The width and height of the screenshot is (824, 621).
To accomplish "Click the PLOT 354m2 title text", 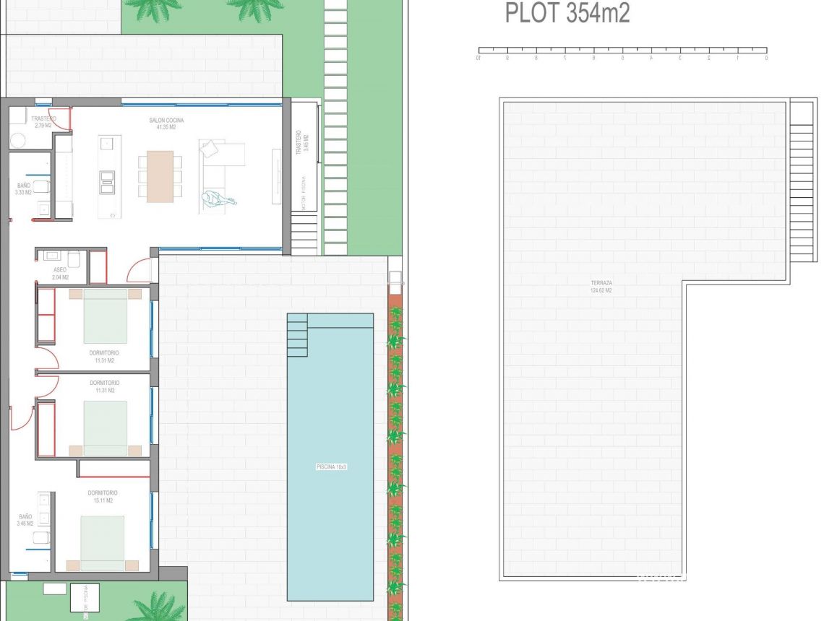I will pos(567,13).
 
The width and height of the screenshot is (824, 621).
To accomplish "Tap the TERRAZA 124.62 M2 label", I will pos(601,287).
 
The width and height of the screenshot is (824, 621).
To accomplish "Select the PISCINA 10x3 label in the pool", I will pos(331,467).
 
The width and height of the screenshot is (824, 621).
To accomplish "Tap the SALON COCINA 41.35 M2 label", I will pos(166,123).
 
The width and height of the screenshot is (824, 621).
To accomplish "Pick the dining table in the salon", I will pos(160,176).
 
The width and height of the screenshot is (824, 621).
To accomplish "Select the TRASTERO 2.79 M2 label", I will pos(43,122).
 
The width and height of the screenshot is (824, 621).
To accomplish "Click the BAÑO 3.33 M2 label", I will pos(24,189).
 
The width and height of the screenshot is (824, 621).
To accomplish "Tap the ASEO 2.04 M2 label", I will pos(60,273).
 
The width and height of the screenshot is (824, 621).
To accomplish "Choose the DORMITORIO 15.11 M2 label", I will pos(102,496).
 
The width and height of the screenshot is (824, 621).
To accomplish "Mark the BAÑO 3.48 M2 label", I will pos(25,521).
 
